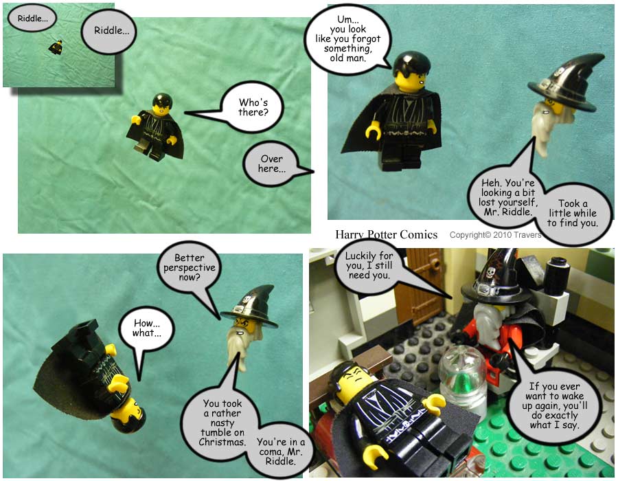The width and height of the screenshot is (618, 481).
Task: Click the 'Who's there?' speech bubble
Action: [x=252, y=107]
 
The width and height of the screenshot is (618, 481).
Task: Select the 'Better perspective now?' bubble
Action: [x=190, y=267]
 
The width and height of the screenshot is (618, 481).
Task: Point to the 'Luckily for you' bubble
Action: [x=368, y=265]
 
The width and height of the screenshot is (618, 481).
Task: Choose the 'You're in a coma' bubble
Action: [x=281, y=451]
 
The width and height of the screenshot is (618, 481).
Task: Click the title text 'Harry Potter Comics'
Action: [x=386, y=235]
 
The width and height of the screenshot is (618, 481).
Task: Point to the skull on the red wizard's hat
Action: [x=491, y=272]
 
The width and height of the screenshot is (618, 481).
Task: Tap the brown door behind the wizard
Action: [x=417, y=288]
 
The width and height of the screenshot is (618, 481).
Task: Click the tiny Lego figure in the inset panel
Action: [x=56, y=47]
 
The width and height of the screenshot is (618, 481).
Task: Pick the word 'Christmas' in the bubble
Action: [x=222, y=442]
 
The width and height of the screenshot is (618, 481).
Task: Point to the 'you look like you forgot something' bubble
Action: [x=347, y=38]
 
